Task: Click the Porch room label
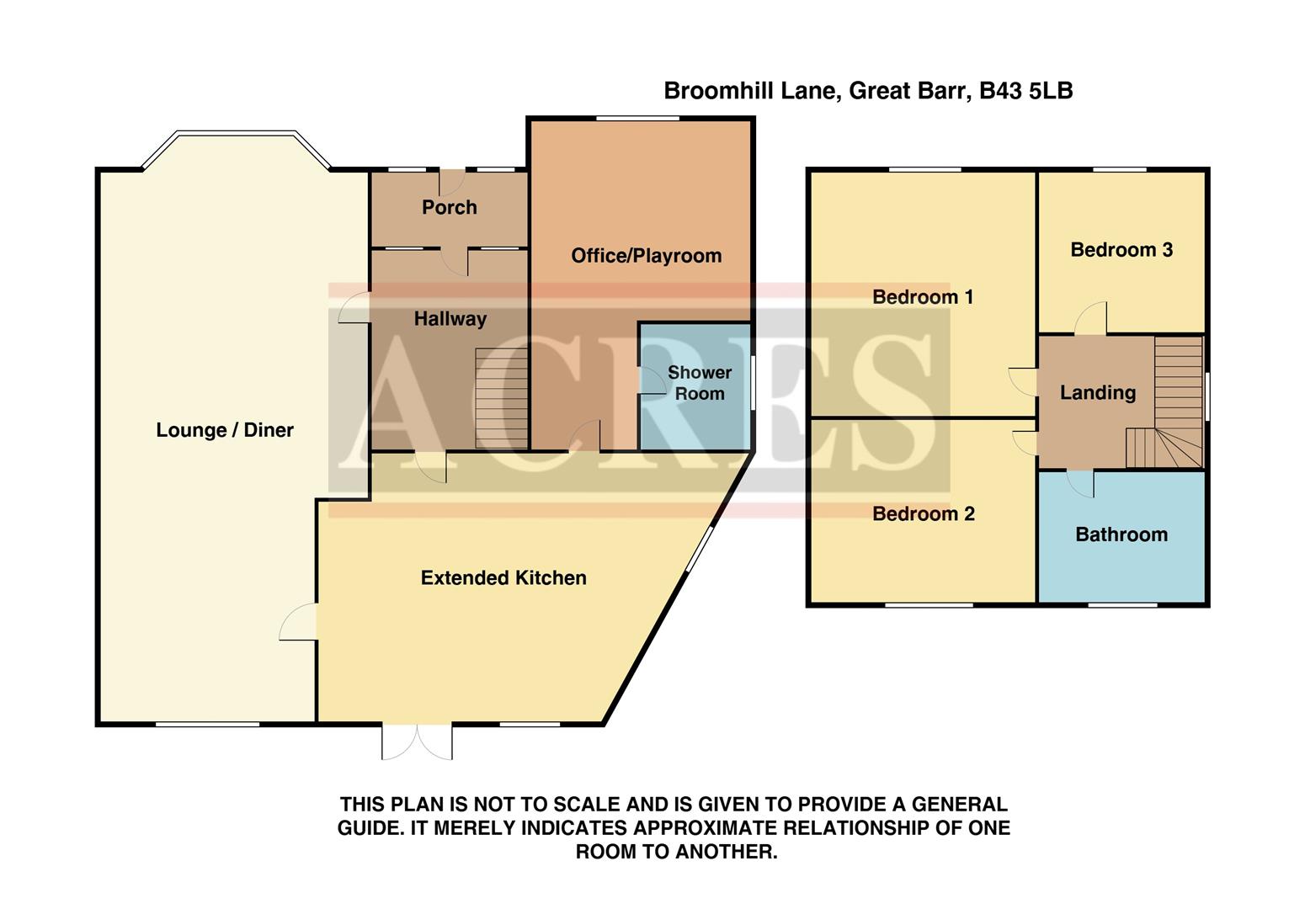[x=449, y=207]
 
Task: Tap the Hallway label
[x=450, y=319]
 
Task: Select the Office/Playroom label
[x=646, y=256]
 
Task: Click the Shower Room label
[x=699, y=383]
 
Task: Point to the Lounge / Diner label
[x=225, y=430]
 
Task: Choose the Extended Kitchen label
[x=503, y=578]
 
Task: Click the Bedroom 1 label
[x=923, y=297]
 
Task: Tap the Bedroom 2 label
[x=923, y=514]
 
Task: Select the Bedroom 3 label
[x=1121, y=250]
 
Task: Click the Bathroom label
[x=1121, y=534]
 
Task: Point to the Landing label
[x=1097, y=393]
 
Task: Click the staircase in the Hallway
[x=501, y=398]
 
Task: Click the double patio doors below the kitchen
[x=417, y=741]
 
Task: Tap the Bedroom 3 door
[x=1092, y=320]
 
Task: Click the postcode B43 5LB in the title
[x=1025, y=91]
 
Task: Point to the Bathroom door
[x=1080, y=482]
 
